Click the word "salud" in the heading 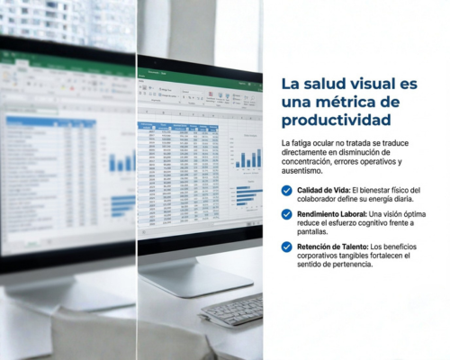(331, 84)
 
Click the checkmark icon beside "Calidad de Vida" (286, 191)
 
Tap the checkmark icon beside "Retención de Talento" (286, 247)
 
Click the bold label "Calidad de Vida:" (322, 190)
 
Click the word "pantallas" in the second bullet (317, 231)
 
